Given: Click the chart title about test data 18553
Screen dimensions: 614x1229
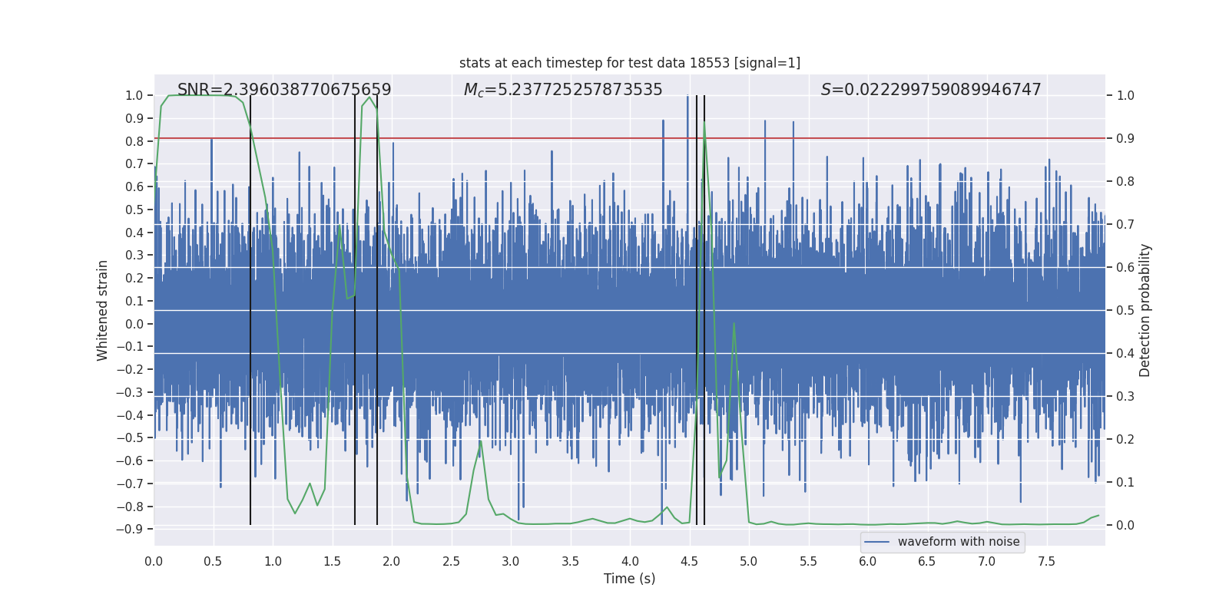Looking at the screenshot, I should click(x=629, y=63).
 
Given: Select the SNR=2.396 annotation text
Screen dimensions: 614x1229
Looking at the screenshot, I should click(x=284, y=90).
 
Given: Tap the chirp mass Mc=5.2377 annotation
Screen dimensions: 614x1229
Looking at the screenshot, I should click(x=563, y=90).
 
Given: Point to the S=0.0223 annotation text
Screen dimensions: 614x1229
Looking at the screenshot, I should click(x=931, y=90).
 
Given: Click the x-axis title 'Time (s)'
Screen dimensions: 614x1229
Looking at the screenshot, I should click(x=629, y=579).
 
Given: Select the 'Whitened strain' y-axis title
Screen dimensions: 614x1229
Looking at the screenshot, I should click(x=103, y=310).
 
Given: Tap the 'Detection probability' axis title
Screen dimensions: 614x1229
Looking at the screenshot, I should click(x=1145, y=310).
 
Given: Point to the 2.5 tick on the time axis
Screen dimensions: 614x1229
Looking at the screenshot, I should click(x=451, y=561).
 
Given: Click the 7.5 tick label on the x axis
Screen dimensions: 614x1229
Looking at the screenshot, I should click(x=1046, y=561).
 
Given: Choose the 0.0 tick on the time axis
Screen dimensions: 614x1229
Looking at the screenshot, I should click(x=154, y=561).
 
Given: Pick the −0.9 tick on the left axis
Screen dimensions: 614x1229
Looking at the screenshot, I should click(x=130, y=529).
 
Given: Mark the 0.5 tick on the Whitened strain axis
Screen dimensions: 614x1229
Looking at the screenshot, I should click(x=134, y=210).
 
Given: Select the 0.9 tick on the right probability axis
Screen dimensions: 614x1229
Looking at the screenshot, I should click(x=1125, y=138).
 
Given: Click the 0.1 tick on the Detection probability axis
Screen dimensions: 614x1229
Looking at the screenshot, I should click(x=1125, y=482).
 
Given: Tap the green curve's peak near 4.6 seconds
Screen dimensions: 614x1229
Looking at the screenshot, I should click(x=704, y=123).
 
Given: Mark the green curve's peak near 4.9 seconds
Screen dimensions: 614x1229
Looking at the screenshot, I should click(x=734, y=323).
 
